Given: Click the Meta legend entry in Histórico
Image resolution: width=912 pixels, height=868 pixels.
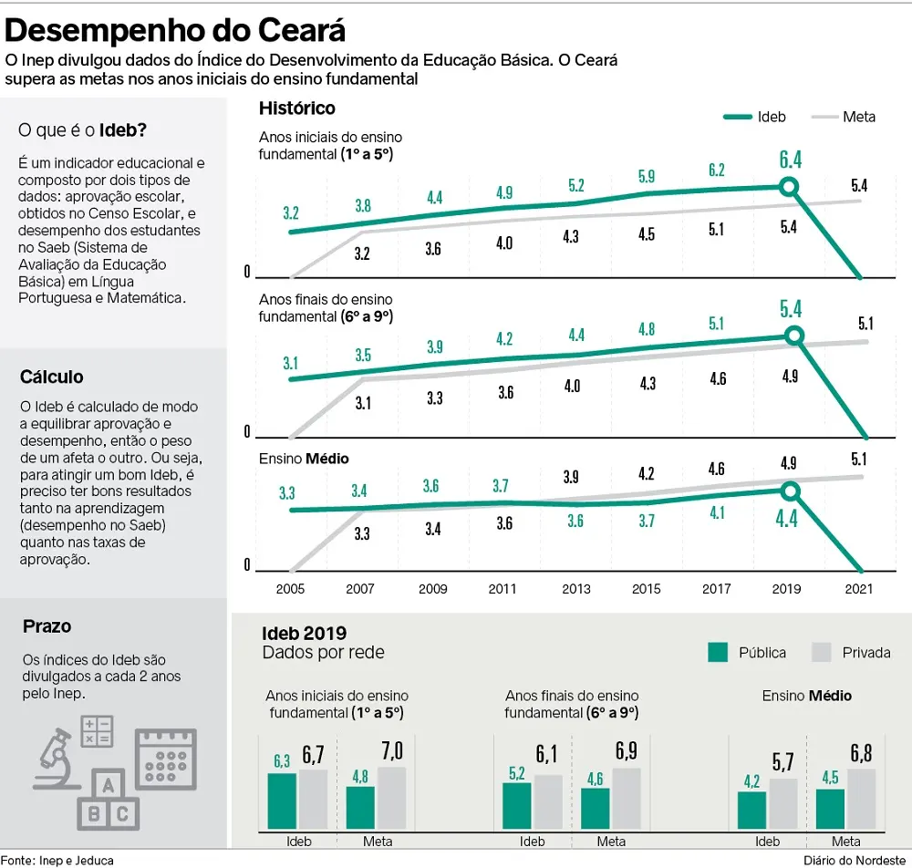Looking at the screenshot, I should coord(844,117).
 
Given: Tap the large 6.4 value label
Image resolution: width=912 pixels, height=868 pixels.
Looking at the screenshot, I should coord(791,160).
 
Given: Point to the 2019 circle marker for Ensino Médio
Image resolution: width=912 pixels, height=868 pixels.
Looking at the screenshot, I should coord(791,491).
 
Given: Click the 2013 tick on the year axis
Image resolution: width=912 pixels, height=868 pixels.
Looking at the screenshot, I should coord(576,589).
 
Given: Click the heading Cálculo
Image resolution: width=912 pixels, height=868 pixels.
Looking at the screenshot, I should coord(51,377).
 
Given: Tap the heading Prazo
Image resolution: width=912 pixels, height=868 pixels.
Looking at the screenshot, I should coord(47,626).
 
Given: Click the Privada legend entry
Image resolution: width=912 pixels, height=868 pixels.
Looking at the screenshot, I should coord(850,652).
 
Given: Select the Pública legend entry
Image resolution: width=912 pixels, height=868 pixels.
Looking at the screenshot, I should coord(747,652).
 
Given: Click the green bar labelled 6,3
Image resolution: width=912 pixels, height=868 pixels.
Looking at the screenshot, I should coord(282,801).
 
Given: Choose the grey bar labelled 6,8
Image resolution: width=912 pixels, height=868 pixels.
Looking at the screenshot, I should coord(862,799).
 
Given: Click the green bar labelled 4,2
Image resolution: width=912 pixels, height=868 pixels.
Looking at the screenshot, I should coord(752,810).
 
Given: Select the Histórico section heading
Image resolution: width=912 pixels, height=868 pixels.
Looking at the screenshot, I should coord(297,108).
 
